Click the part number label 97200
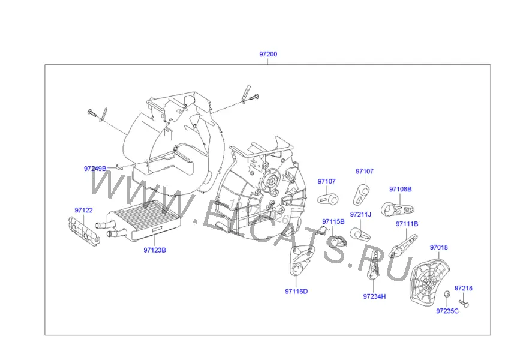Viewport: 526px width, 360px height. click(268, 54)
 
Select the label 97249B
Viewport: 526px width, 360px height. click(95, 169)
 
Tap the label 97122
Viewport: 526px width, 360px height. click(83, 210)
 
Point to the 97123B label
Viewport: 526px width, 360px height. click(155, 250)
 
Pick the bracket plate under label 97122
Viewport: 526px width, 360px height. click(83, 231)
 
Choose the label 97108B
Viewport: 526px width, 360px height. click(400, 189)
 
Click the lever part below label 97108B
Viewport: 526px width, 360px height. click(398, 209)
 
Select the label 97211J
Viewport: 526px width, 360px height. click(360, 214)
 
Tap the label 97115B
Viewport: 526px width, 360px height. click(333, 221)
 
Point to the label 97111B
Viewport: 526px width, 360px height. click(407, 224)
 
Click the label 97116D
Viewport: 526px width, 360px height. click(296, 291)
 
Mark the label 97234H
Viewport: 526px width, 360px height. click(374, 296)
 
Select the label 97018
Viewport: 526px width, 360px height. click(439, 247)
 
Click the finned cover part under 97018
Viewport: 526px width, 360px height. click(429, 281)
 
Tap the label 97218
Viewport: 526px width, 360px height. click(464, 288)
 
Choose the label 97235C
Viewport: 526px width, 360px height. click(447, 311)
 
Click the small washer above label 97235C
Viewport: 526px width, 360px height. click(447, 294)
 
